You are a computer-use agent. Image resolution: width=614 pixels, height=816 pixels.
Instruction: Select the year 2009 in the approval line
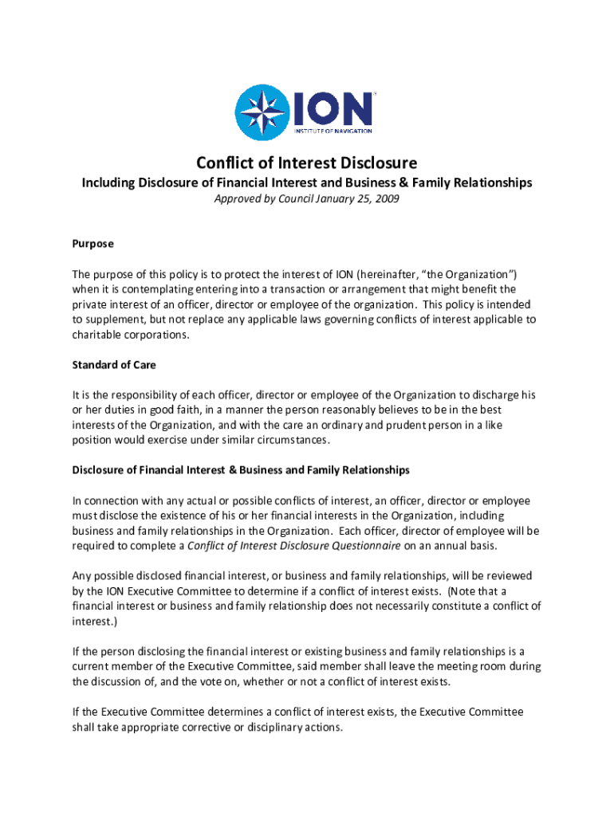(x=387, y=199)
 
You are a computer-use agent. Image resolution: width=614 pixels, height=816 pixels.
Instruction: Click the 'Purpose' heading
(x=92, y=243)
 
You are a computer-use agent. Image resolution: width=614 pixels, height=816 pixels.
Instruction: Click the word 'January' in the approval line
(x=329, y=199)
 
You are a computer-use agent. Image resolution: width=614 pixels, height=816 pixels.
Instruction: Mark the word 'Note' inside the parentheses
(x=467, y=590)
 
